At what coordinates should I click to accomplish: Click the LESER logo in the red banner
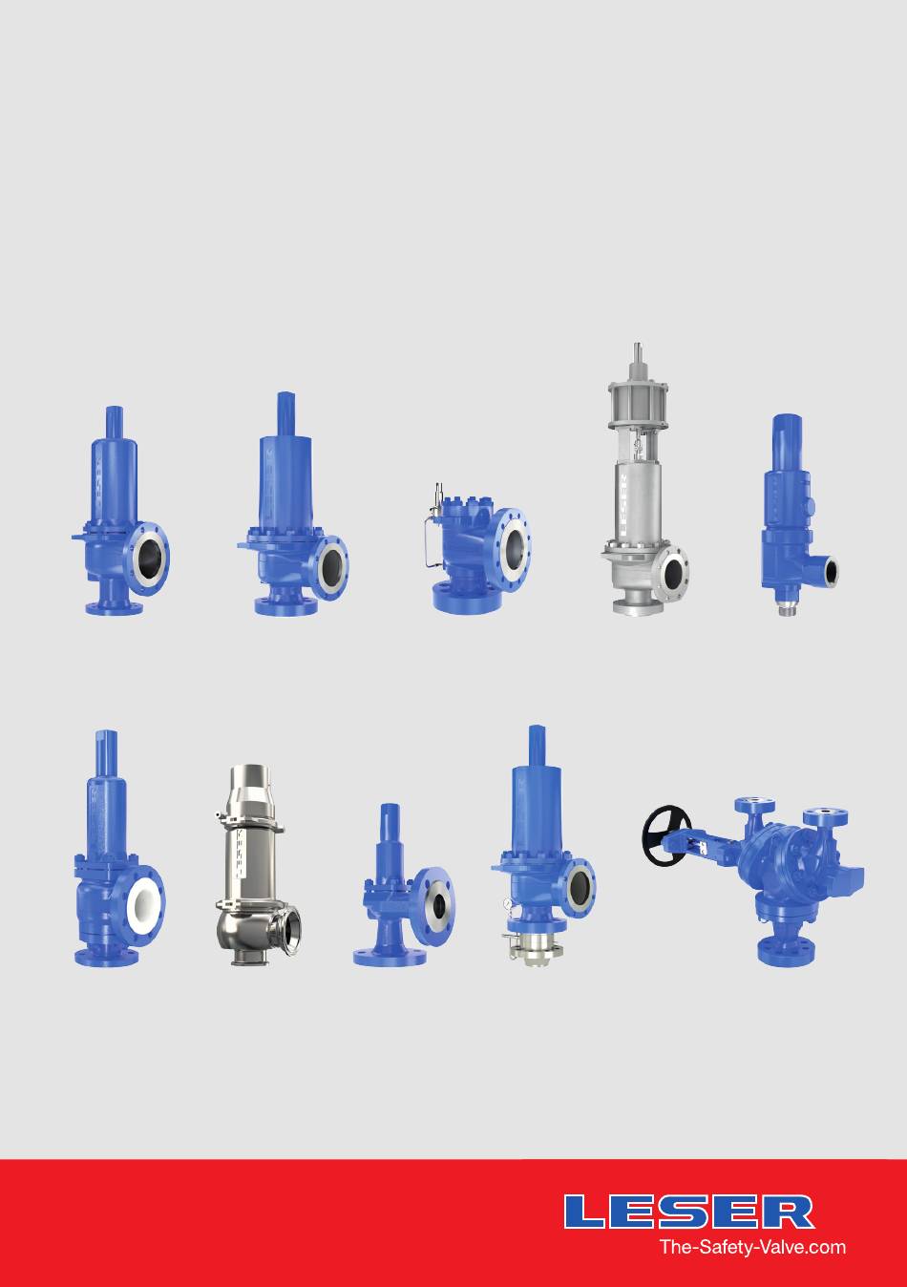pyautogui.click(x=689, y=1208)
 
